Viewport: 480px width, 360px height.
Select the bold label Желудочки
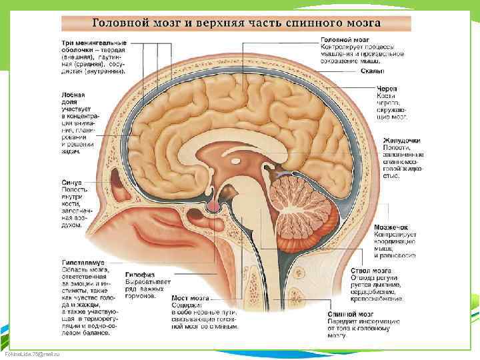(401, 141)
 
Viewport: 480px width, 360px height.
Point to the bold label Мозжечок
(391, 227)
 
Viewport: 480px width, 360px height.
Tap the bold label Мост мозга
(190, 297)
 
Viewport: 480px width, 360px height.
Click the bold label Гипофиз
(139, 274)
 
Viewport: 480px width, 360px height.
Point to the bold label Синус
(72, 182)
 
